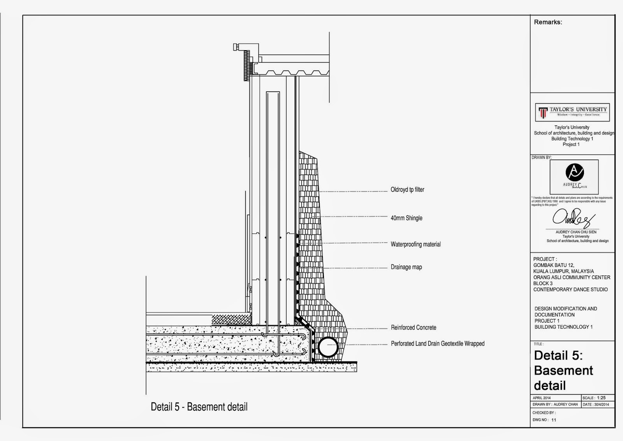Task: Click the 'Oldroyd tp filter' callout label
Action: click(407, 190)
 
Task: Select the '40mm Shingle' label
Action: click(406, 218)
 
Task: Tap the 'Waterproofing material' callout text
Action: click(415, 244)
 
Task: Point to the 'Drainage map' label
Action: click(406, 267)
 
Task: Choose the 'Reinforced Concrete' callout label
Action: click(414, 328)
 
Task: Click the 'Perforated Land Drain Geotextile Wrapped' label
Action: click(438, 344)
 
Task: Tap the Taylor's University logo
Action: click(572, 112)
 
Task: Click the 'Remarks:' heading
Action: click(548, 22)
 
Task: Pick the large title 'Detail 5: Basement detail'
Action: click(563, 370)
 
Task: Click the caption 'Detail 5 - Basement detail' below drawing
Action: click(199, 407)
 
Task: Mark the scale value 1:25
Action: click(601, 398)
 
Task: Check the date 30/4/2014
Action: click(601, 405)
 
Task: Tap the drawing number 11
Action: click(554, 420)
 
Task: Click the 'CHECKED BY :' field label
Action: click(544, 413)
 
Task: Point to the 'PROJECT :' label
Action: click(545, 259)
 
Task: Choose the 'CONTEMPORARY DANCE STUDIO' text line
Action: click(570, 289)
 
